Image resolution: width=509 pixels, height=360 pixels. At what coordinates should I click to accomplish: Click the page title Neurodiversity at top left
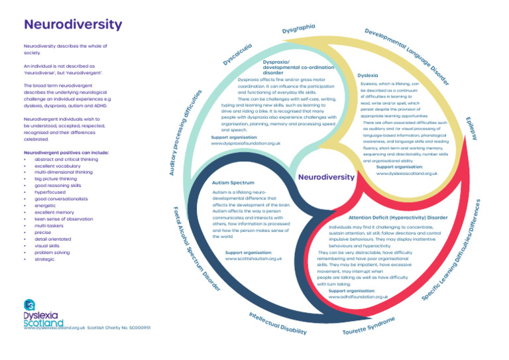(73, 25)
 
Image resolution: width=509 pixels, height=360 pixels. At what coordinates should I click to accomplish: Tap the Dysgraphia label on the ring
(298, 29)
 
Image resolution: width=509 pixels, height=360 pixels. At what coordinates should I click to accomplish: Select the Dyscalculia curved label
(237, 55)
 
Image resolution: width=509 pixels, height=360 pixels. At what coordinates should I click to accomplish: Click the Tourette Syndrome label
(368, 326)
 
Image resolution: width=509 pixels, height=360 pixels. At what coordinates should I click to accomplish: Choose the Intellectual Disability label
(278, 322)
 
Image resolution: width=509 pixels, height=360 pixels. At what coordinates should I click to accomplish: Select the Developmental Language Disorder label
(408, 56)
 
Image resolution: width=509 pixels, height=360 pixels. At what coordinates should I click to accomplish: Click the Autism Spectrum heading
(233, 182)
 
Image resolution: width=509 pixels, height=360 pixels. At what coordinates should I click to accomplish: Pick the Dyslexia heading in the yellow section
(368, 76)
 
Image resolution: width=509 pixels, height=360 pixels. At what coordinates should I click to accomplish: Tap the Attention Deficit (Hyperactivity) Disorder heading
(398, 217)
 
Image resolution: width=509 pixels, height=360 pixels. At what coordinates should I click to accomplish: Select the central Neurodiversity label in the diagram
(326, 178)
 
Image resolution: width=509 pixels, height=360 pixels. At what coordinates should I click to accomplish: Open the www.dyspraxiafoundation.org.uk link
(245, 143)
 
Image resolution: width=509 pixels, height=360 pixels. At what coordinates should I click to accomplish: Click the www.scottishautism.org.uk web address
(254, 259)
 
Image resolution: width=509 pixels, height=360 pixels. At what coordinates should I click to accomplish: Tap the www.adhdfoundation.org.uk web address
(359, 297)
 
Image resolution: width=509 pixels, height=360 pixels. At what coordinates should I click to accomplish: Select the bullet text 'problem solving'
(52, 252)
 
